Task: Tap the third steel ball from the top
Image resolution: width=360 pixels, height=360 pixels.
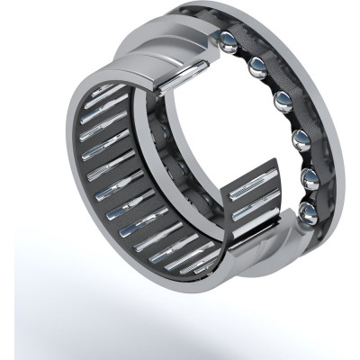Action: coord(283,98)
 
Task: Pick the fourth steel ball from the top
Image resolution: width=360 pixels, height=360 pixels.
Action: coord(298,139)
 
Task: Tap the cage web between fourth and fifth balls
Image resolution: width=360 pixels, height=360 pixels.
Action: coord(302,158)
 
